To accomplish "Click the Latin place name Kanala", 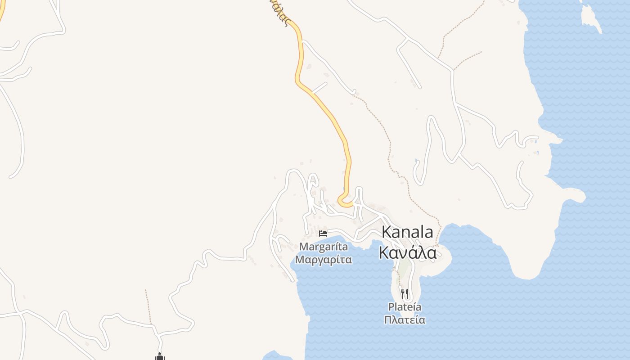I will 407,232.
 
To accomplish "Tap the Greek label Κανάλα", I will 407,253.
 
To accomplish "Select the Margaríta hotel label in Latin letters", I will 323,247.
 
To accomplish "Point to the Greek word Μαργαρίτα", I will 323,260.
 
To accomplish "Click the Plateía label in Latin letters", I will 405,307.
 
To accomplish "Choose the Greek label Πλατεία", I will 405,320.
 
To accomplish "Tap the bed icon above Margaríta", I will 323,233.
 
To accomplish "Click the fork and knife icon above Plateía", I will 405,294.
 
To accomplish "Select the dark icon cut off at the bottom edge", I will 159,357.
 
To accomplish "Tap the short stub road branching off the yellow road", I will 319,87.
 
